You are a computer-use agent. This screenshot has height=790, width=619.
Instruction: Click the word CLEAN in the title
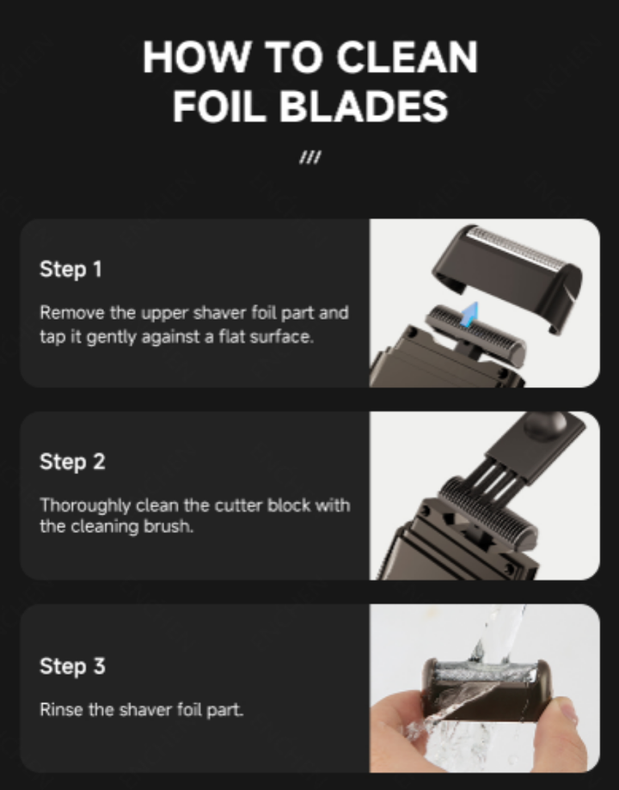[x=407, y=57]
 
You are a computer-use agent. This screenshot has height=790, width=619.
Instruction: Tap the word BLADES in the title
[x=364, y=107]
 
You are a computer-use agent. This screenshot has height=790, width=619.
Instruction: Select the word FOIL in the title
[x=219, y=107]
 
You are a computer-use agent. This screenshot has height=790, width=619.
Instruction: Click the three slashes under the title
[x=310, y=157]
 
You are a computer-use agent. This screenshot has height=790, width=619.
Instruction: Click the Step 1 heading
[x=70, y=269]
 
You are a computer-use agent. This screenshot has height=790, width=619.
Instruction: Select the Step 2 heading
[x=72, y=462]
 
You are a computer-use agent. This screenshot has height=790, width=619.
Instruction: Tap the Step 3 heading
[x=72, y=666]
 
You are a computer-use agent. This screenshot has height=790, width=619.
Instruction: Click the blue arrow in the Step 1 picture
[x=469, y=315]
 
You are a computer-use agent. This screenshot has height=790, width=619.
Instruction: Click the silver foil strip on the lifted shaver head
[x=514, y=249]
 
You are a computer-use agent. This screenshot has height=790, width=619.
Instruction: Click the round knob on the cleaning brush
[x=545, y=425]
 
